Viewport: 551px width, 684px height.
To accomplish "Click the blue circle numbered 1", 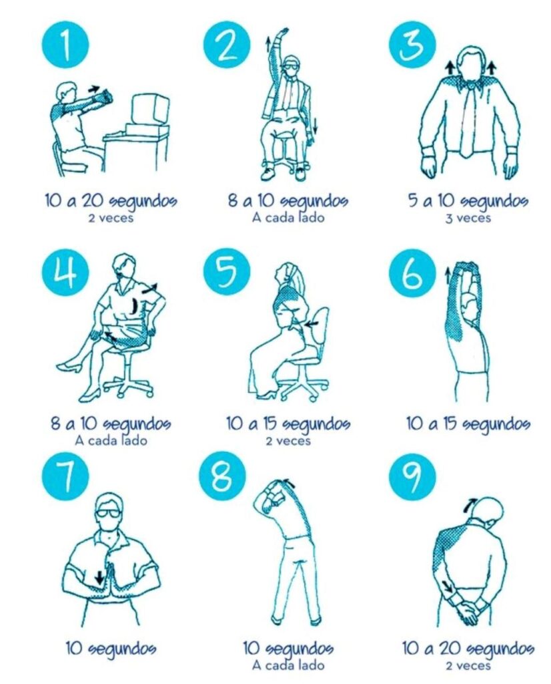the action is pos(65,45).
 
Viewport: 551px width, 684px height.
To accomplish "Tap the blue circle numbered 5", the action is pos(227,273).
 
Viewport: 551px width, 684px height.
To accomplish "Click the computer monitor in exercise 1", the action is pos(150,109).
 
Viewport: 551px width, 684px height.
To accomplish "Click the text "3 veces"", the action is pos(468,218).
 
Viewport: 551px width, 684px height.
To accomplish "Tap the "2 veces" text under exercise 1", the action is pos(111,218).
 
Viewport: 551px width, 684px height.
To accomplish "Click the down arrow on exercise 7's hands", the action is pos(100,577).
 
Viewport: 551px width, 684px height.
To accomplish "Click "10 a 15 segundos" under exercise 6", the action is pos(468,423).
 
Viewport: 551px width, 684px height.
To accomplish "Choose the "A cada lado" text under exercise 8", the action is pos(288,665).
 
